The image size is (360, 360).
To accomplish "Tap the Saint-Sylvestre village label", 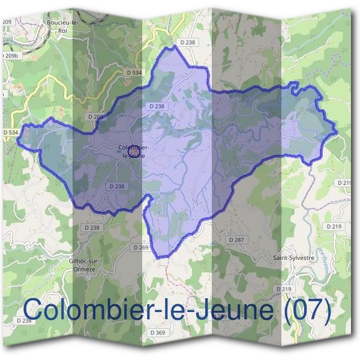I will click(294, 258).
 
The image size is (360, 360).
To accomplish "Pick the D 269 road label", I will click(141, 247).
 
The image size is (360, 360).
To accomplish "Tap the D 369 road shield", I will click(158, 332).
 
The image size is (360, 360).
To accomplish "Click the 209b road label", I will click(11, 55).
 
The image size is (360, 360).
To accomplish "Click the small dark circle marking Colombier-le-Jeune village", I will click(124, 153).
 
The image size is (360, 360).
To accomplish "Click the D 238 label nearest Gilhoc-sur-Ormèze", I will click(92, 227).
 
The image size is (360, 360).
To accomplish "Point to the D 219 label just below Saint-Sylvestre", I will click(283, 289).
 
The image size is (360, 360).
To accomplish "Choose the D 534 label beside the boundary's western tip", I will click(10, 132).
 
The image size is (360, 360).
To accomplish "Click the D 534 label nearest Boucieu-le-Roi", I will click(134, 73).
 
